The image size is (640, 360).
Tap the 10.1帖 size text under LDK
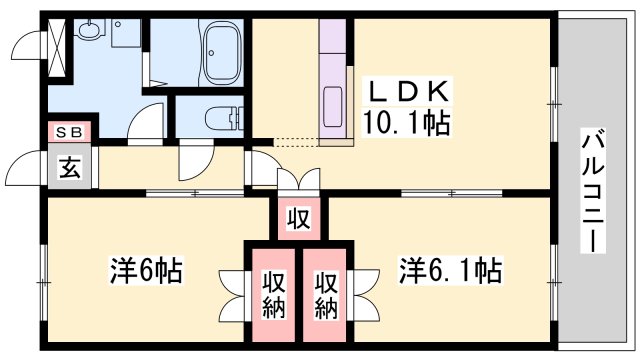pyautogui.click(x=406, y=125)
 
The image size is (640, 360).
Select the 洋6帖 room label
pyautogui.click(x=145, y=271)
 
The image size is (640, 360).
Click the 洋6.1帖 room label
pyautogui.click(x=451, y=271)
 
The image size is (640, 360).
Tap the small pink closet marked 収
pyautogui.click(x=297, y=218)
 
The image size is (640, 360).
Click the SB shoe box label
pyautogui.click(x=70, y=132)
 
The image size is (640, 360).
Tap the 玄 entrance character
pyautogui.click(x=70, y=166)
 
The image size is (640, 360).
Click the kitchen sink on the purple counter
pyautogui.click(x=333, y=105)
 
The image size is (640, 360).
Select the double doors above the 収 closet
pyautogui.click(x=297, y=182)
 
